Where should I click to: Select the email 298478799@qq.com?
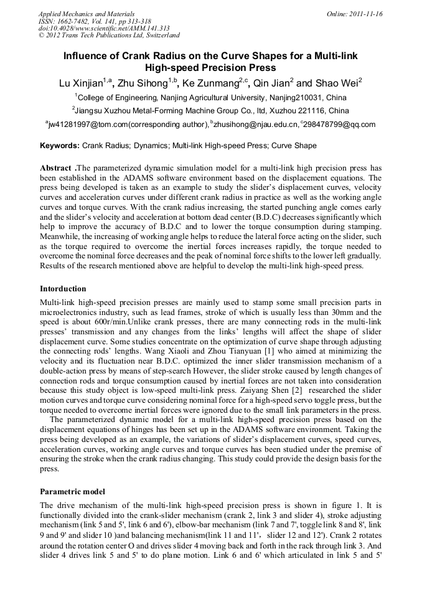[339, 125]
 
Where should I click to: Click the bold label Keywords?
[60, 146]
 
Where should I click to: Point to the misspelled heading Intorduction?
[63, 289]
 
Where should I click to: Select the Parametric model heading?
[72, 491]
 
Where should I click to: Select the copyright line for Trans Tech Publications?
[109, 35]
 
